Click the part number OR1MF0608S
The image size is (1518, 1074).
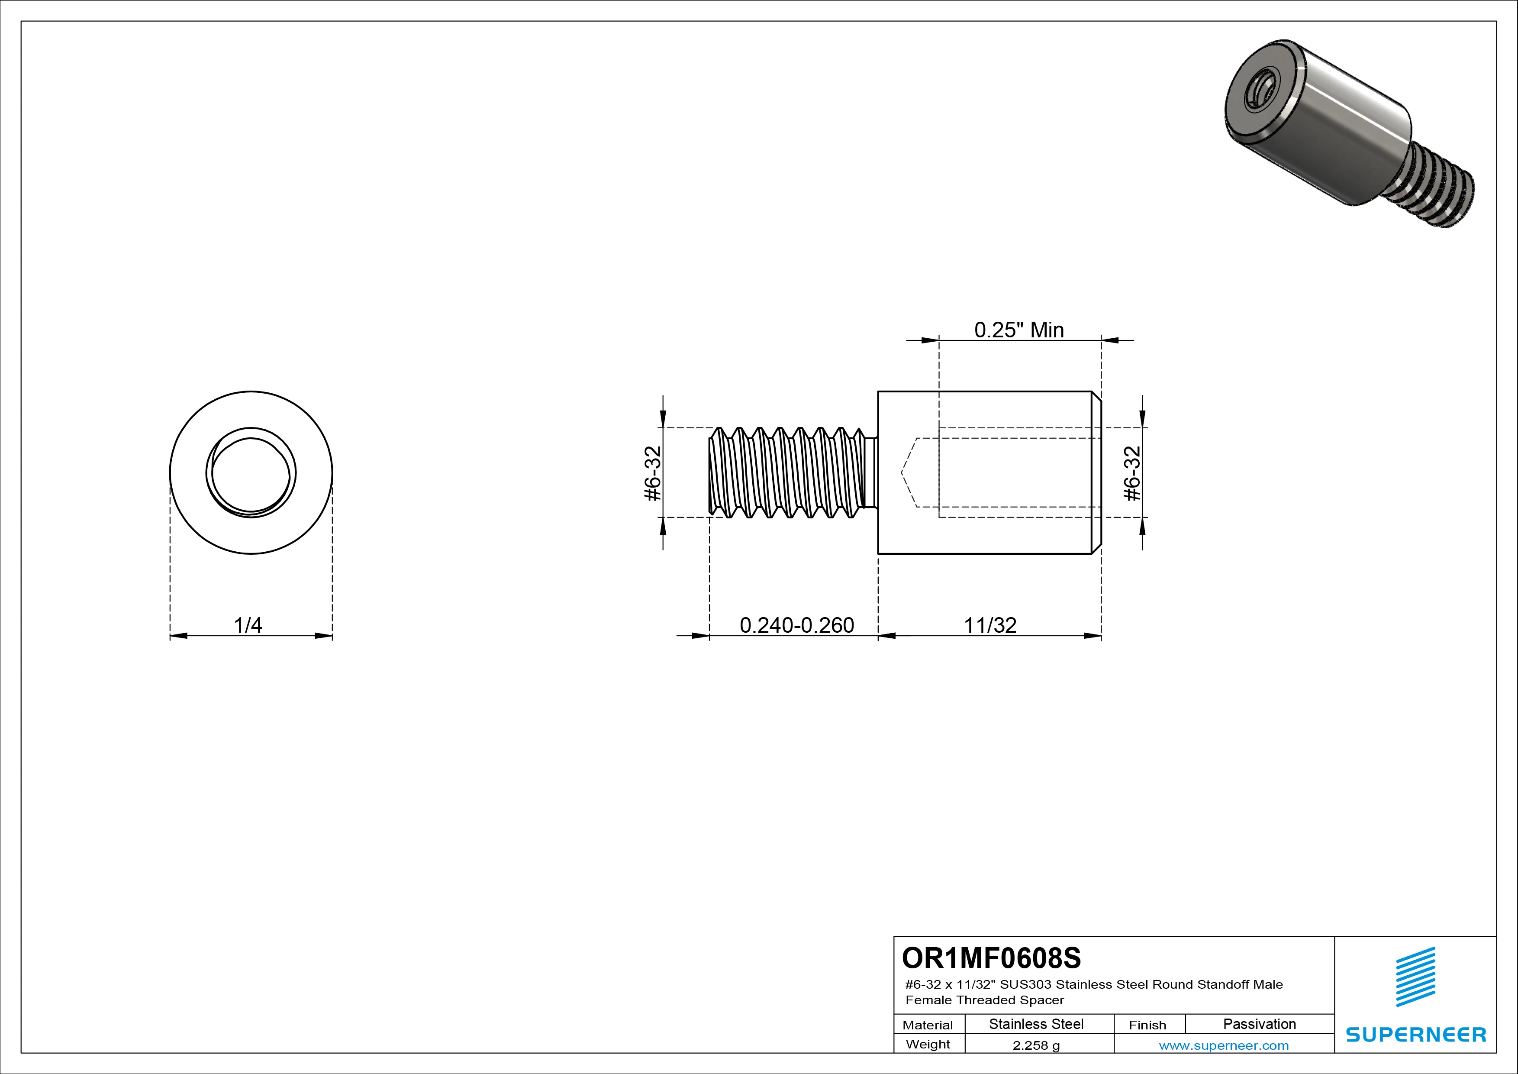pos(991,958)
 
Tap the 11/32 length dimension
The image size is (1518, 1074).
pos(990,625)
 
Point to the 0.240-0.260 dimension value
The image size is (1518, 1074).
pos(797,625)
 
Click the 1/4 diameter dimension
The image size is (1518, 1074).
pos(248,625)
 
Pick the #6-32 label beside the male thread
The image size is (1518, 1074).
pos(653,473)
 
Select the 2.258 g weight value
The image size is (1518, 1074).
pos(1036,1045)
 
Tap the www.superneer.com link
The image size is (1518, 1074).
pos(1224,1045)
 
